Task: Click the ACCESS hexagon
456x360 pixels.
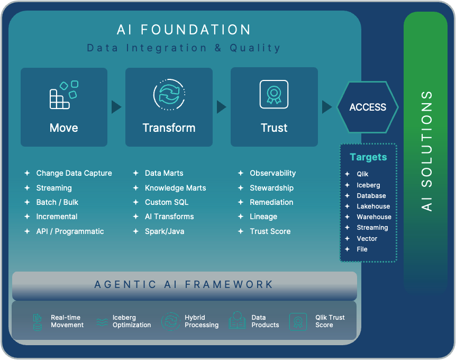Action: pos(368,107)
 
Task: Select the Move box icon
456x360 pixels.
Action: pos(63,95)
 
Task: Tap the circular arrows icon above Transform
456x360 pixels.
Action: pos(169,95)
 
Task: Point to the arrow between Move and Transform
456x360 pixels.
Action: pos(116,107)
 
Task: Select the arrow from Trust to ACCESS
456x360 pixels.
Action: pos(327,107)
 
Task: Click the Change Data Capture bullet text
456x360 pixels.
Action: pos(74,173)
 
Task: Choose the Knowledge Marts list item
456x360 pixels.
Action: pos(175,188)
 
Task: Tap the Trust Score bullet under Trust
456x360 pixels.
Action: pos(270,231)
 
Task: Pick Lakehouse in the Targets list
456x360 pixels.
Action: pos(373,206)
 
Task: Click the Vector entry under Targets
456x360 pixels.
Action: pos(367,238)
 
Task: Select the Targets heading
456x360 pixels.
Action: pos(368,157)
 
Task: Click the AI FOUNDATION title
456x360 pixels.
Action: pos(184,30)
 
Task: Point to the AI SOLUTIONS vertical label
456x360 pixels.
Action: pos(427,151)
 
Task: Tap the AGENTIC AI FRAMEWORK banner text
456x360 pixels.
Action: pos(184,284)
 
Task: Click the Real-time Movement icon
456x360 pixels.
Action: pos(38,321)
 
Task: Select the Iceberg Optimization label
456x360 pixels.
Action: pos(132,321)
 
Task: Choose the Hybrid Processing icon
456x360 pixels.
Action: pos(171,321)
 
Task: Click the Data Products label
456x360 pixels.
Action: pos(265,321)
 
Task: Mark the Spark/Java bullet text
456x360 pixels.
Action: pos(165,231)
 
